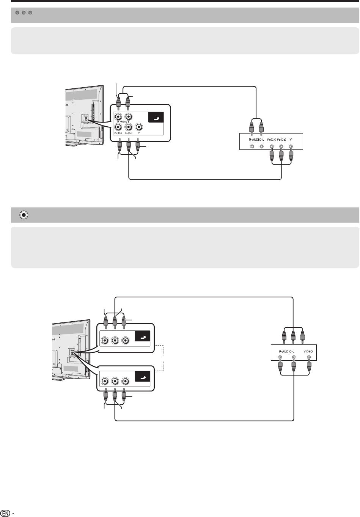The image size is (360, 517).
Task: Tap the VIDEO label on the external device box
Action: (x=308, y=352)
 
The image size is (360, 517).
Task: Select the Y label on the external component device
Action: (x=291, y=140)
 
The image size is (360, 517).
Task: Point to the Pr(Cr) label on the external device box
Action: (x=272, y=140)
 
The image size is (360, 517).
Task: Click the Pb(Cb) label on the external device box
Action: (x=281, y=140)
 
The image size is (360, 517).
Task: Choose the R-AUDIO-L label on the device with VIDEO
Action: (x=287, y=352)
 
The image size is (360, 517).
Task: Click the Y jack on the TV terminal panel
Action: (x=139, y=127)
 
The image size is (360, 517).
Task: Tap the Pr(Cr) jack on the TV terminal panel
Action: (x=119, y=127)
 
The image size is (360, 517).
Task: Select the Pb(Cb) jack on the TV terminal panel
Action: (x=129, y=127)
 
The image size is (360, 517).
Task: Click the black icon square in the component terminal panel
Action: (x=156, y=118)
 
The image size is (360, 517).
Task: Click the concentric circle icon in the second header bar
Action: (x=24, y=215)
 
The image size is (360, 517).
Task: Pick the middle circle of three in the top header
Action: (x=24, y=13)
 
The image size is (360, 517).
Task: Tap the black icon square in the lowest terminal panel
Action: (x=143, y=377)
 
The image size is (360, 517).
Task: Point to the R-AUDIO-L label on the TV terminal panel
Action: (x=121, y=123)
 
